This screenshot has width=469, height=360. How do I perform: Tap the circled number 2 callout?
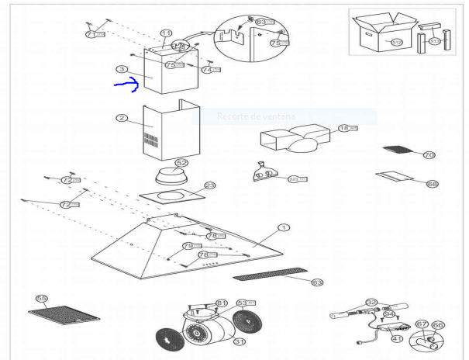(x=122, y=118)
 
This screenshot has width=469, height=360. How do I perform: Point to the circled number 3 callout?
(x=122, y=69)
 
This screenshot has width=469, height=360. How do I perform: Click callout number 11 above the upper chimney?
(x=166, y=33)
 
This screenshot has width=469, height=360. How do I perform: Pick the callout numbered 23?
(x=209, y=186)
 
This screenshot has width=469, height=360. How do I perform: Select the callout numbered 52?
(x=181, y=164)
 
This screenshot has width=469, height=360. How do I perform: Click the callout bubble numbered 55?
(x=42, y=298)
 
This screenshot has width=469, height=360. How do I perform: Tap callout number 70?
(x=429, y=155)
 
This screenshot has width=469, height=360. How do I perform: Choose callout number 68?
(x=432, y=184)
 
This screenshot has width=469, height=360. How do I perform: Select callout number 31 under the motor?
(x=240, y=341)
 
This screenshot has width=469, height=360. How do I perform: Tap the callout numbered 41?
(x=397, y=339)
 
